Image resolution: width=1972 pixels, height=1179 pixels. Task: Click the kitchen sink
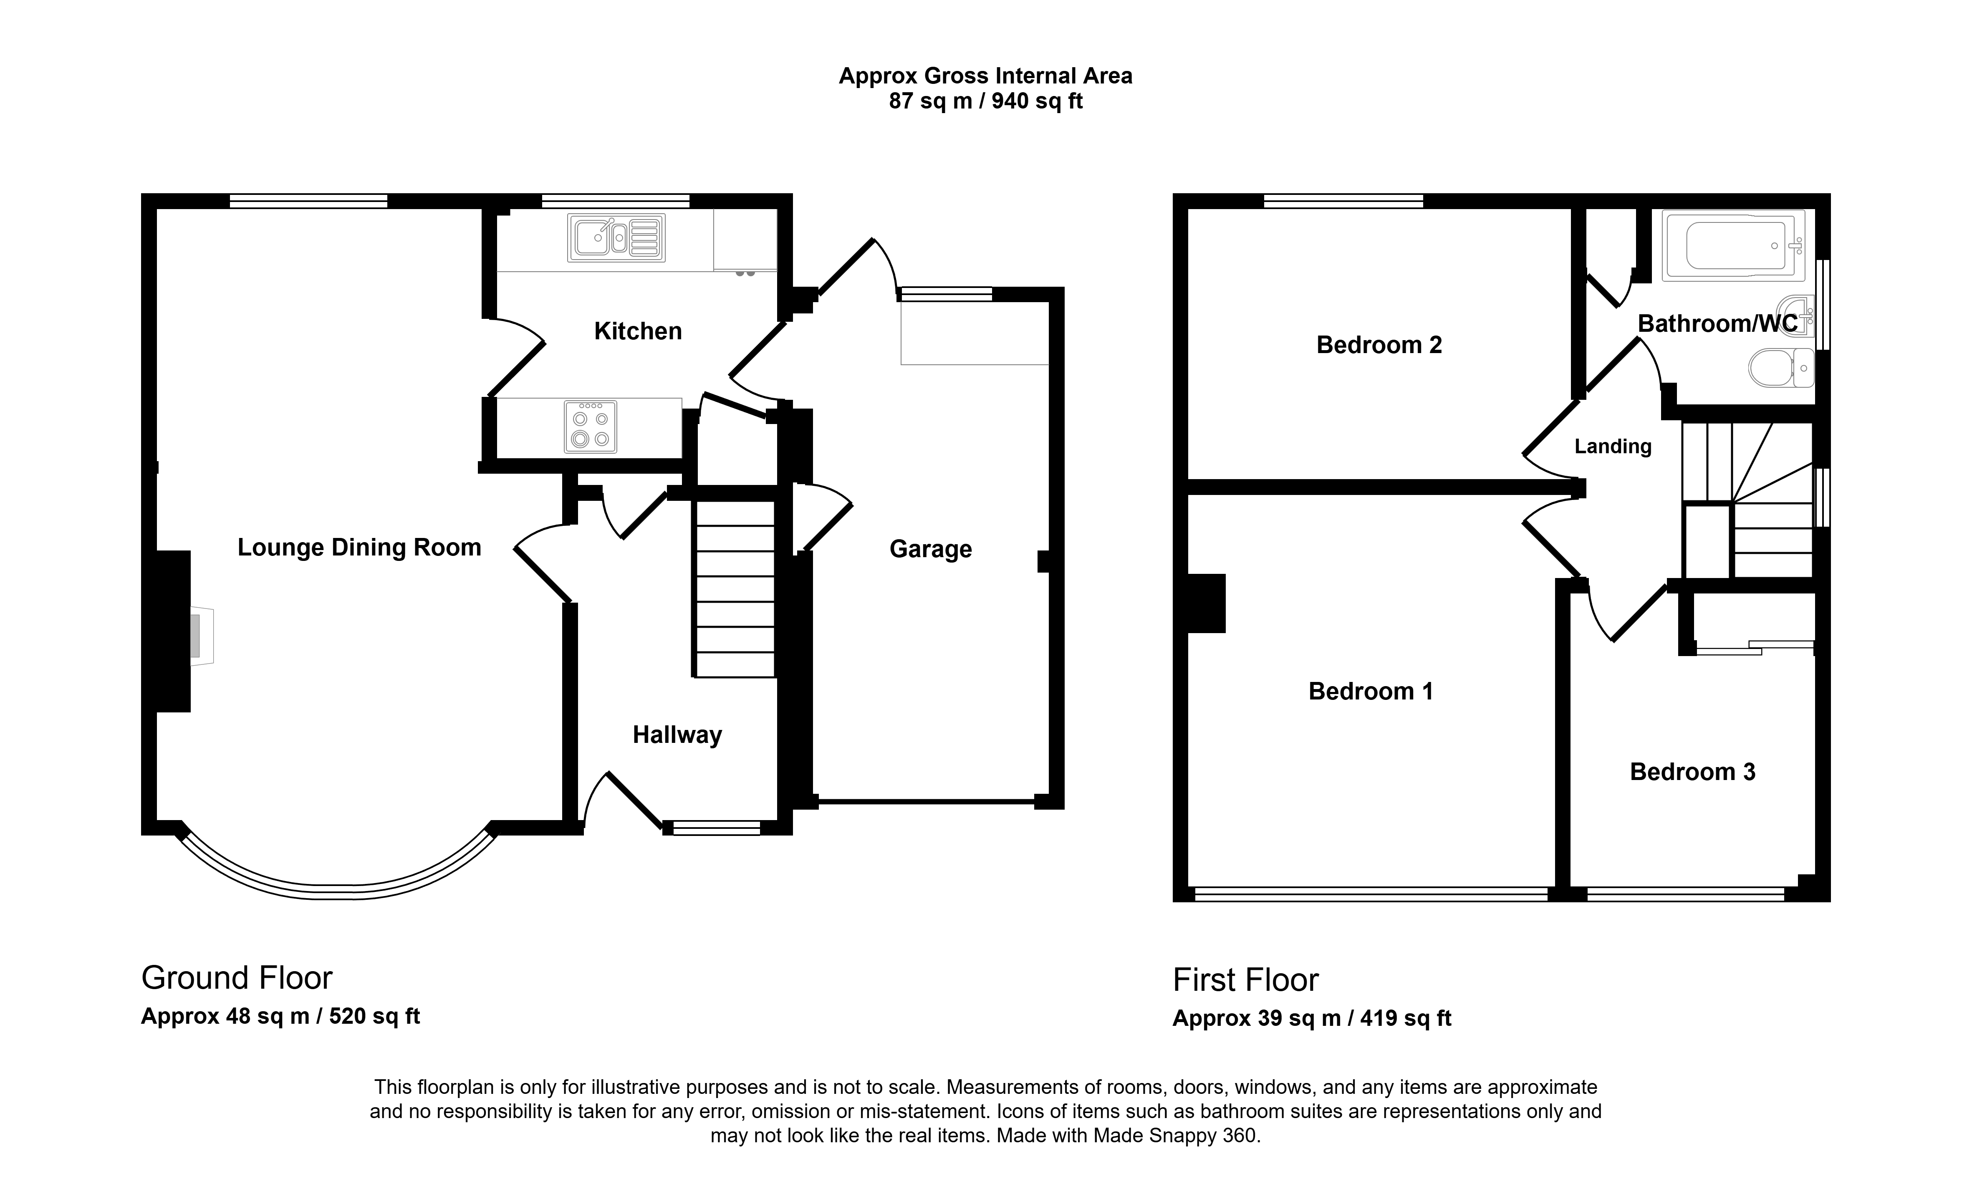point(616,237)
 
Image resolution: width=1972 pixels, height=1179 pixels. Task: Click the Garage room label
point(930,549)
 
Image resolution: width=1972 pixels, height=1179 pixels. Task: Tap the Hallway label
point(677,735)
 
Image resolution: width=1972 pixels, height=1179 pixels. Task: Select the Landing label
point(1613,447)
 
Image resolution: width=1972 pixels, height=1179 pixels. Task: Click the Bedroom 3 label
point(1692,771)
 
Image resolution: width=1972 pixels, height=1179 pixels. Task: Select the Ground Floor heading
point(237,978)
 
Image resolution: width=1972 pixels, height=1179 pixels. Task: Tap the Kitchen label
point(638,331)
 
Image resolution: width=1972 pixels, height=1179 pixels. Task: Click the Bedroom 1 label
point(1371,691)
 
